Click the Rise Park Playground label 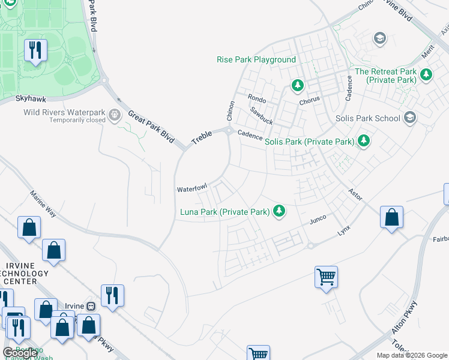coord(256,60)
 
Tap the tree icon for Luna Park coord(279,211)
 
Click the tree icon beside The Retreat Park coord(426,75)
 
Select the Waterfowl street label coord(191,189)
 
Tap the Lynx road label coord(344,230)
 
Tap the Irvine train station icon coord(91,306)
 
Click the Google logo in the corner coord(20,353)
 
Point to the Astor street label coord(356,193)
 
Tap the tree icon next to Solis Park coord(363,141)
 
